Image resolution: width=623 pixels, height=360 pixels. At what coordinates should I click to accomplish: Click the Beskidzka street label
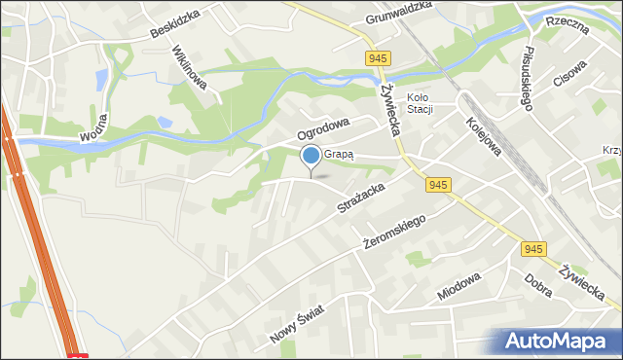click(174, 22)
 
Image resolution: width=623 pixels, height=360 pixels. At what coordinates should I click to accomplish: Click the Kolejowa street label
click(483, 135)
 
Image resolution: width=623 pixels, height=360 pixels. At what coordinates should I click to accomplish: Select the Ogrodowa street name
click(323, 126)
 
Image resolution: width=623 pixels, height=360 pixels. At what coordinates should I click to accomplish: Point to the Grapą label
click(340, 154)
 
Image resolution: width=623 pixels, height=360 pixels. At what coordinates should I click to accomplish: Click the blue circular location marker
click(311, 155)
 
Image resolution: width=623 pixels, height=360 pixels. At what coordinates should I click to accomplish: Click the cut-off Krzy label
click(612, 152)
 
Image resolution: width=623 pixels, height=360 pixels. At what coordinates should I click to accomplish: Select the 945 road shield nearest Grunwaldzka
click(380, 58)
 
